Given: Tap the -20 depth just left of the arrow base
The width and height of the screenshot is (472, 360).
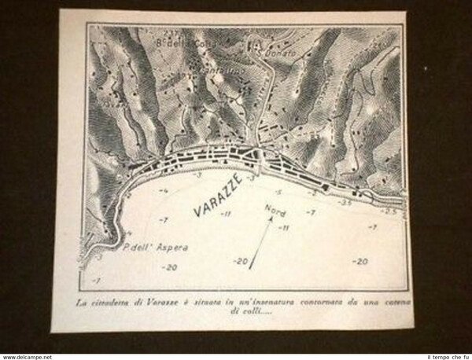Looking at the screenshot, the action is coord(240,261).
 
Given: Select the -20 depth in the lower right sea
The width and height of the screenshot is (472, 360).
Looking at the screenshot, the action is coord(360,261).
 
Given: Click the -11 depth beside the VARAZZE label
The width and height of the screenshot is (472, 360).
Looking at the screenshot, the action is coord(224,213).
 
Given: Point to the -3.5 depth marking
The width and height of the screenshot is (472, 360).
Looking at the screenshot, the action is coord(345,201).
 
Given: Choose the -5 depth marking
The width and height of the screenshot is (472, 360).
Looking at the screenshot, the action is coord(277,192).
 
